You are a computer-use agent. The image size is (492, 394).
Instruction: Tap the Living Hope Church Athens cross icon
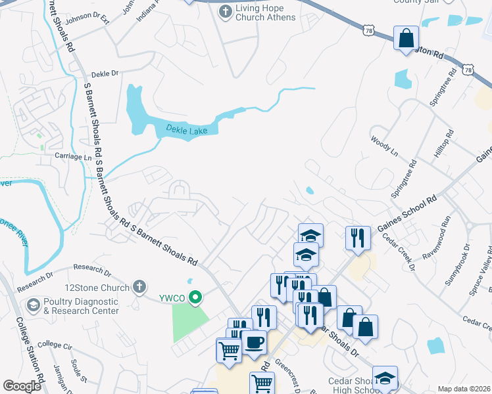click(x=225, y=11)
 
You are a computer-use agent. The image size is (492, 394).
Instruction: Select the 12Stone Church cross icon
click(x=138, y=286)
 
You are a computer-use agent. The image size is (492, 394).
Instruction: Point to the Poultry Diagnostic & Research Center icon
click(x=33, y=305)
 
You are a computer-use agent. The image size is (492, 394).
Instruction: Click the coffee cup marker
click(x=254, y=342)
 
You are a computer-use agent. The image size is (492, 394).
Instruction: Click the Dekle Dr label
click(x=105, y=74)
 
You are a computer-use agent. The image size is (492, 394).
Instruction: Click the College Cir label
click(x=55, y=344)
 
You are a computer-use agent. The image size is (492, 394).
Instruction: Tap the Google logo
click(x=22, y=386)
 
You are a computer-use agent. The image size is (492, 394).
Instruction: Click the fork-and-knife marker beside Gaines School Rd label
click(x=357, y=237)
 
